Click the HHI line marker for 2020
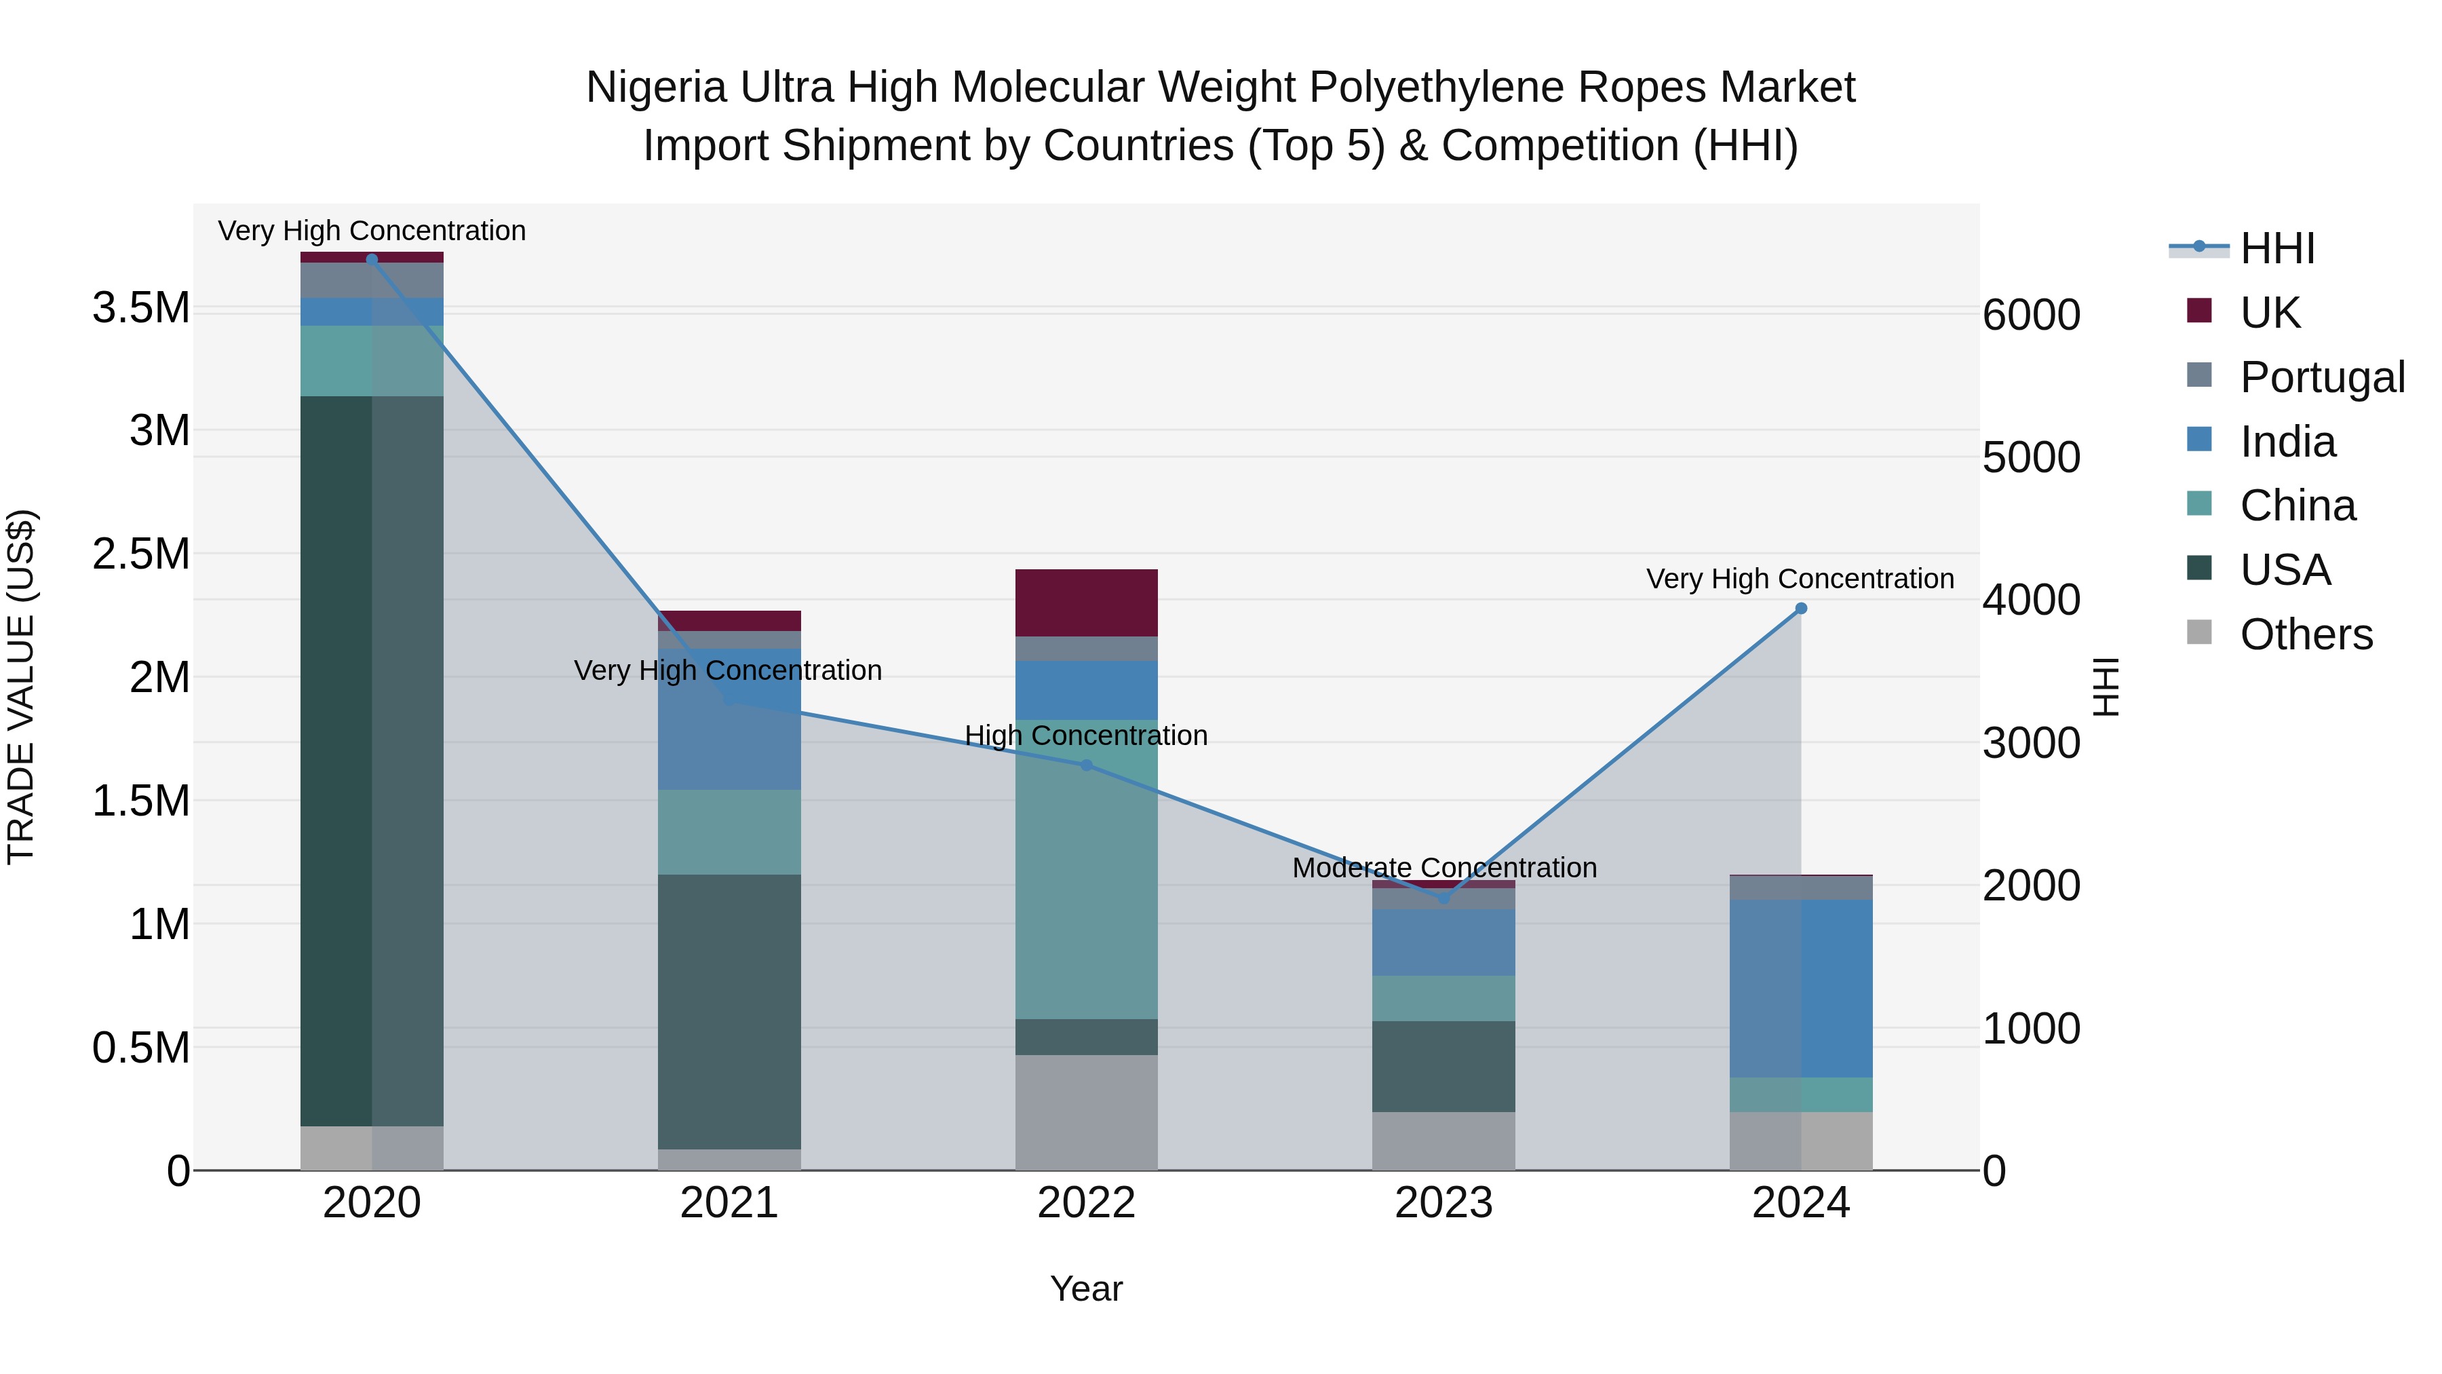[372, 259]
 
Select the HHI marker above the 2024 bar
[1801, 609]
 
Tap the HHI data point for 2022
[1087, 765]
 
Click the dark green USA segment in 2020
[372, 759]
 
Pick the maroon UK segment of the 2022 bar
[1087, 602]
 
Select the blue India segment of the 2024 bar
[1801, 988]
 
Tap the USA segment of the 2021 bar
[729, 1011]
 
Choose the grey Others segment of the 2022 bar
[1087, 1111]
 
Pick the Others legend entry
[2306, 634]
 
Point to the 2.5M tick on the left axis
[140, 554]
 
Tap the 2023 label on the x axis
[1443, 1202]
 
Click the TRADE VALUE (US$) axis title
[21, 687]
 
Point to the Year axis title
[1087, 1288]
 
